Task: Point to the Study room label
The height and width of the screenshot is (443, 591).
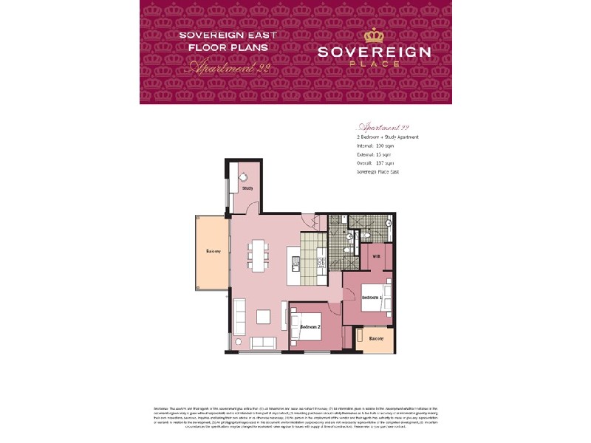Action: [x=247, y=188]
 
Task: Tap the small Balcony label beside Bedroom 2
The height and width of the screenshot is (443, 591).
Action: [x=376, y=339]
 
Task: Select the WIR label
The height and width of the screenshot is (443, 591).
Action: [x=375, y=256]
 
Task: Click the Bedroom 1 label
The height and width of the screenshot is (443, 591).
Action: [x=371, y=297]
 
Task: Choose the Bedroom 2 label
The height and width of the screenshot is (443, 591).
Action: [x=310, y=326]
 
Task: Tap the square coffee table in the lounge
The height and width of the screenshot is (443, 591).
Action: [x=264, y=316]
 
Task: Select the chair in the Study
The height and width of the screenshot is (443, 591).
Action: [x=243, y=176]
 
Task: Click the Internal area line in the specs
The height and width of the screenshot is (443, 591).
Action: [x=376, y=146]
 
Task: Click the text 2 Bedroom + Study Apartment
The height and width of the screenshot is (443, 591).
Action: [x=389, y=138]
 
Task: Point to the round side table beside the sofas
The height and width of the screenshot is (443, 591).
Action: [x=239, y=341]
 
